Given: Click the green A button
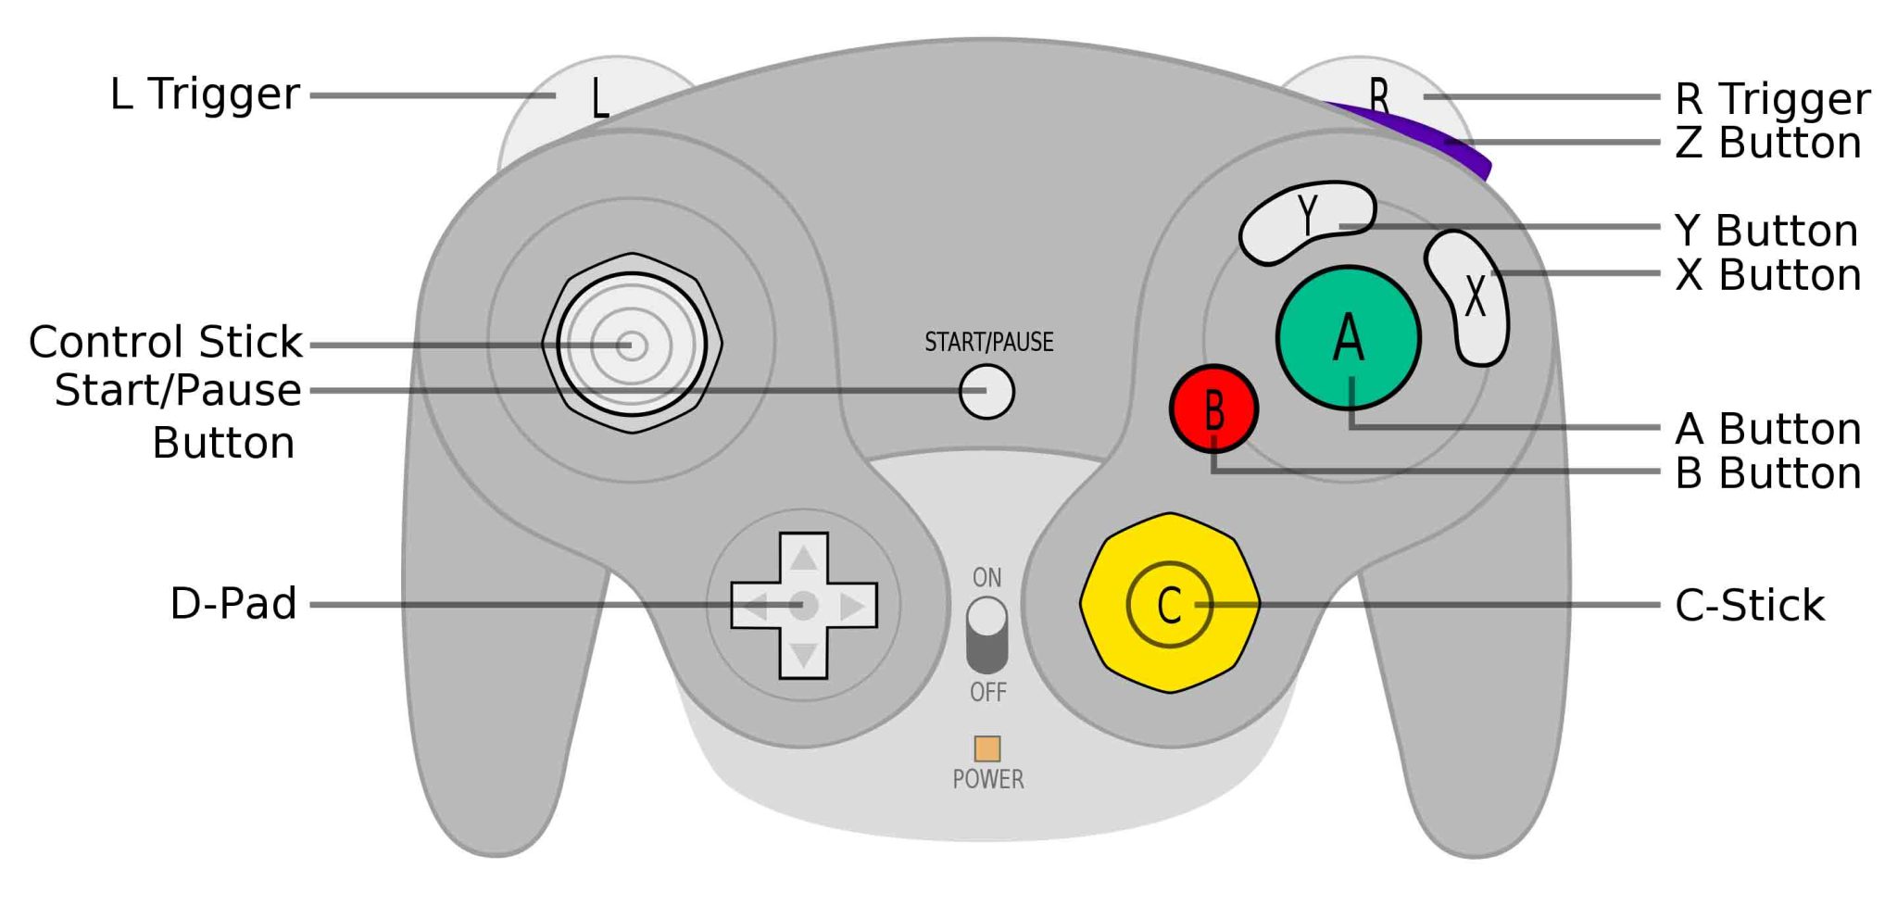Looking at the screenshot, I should click(x=1348, y=337).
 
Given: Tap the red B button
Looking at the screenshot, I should click(x=1213, y=409).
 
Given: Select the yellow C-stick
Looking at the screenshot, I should click(x=1169, y=603).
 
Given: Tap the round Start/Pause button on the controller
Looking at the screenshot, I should click(x=986, y=391).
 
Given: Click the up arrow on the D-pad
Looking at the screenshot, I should click(x=803, y=558).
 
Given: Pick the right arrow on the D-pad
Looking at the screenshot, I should click(x=851, y=607).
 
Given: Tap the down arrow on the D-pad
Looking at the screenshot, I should click(x=803, y=655).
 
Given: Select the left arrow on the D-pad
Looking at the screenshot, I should click(x=755, y=607).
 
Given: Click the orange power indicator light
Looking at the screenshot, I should click(x=987, y=748).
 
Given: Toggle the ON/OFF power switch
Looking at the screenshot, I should click(x=986, y=635).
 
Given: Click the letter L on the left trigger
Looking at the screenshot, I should click(x=599, y=98).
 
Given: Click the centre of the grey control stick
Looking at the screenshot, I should click(x=632, y=345).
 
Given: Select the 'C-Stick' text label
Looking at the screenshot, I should click(x=1749, y=605).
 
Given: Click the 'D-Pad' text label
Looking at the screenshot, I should click(x=233, y=603).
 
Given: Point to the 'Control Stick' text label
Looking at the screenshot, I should click(x=166, y=342).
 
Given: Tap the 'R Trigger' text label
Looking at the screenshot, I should click(x=1772, y=98).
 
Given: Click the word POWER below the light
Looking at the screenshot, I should click(x=988, y=779).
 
